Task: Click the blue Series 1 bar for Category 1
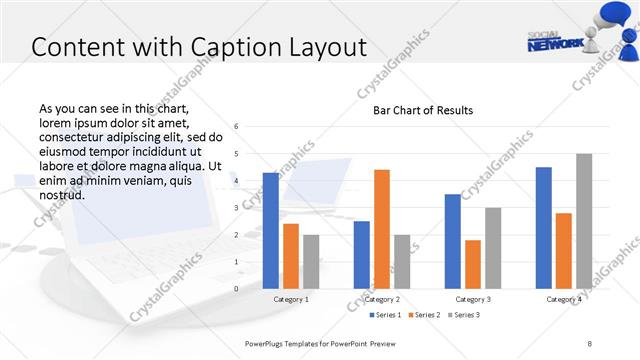[x=270, y=231]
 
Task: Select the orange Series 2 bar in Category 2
[x=382, y=229]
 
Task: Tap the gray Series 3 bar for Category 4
[x=584, y=221]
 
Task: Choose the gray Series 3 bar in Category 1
[x=311, y=261]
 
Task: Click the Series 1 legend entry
[x=386, y=315]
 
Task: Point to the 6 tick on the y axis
[x=236, y=127]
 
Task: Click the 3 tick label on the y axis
[x=236, y=208]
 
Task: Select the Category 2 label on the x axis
[x=382, y=299]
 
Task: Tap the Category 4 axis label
[x=564, y=299]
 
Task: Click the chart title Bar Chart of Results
[x=423, y=110]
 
